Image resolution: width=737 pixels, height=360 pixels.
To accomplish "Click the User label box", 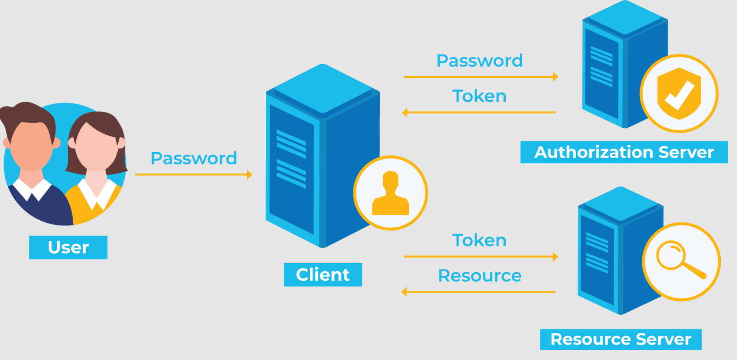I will click(68, 247).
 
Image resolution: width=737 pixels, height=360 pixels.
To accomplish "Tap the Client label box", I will click(323, 275).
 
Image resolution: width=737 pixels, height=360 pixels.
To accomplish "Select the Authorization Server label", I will click(624, 152).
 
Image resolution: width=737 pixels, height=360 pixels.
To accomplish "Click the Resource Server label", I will click(620, 339).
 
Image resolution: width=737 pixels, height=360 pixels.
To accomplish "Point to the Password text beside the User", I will click(194, 158).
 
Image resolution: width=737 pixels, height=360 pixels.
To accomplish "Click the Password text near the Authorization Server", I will click(479, 61).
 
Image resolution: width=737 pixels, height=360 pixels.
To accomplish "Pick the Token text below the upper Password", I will click(479, 96).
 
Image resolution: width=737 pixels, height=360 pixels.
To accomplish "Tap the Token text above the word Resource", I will click(479, 240).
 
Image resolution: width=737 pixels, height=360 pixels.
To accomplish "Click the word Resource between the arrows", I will click(479, 276).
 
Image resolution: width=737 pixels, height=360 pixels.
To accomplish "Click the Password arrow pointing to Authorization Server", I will click(480, 77).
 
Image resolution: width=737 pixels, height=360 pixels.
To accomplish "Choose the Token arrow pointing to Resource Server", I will click(480, 257).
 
